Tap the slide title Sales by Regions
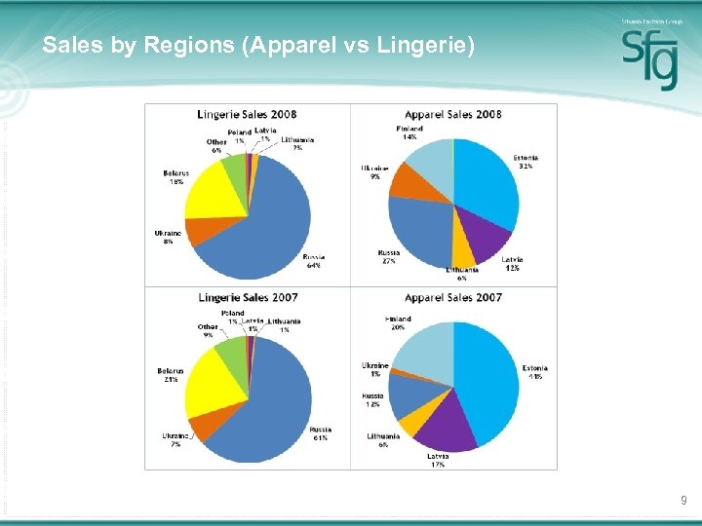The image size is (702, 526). tap(258, 45)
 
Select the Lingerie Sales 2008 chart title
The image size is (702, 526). tap(248, 114)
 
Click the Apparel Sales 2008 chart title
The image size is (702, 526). tap(453, 114)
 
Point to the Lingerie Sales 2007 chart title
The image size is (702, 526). tap(248, 297)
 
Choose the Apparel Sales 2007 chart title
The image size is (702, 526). tap(453, 297)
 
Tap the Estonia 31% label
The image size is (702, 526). tap(526, 162)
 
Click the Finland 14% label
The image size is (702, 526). tap(409, 132)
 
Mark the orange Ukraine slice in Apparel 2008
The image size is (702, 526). tap(408, 179)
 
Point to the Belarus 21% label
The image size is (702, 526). tap(171, 375)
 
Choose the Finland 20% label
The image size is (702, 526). tap(397, 323)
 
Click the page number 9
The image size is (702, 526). tap(683, 500)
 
